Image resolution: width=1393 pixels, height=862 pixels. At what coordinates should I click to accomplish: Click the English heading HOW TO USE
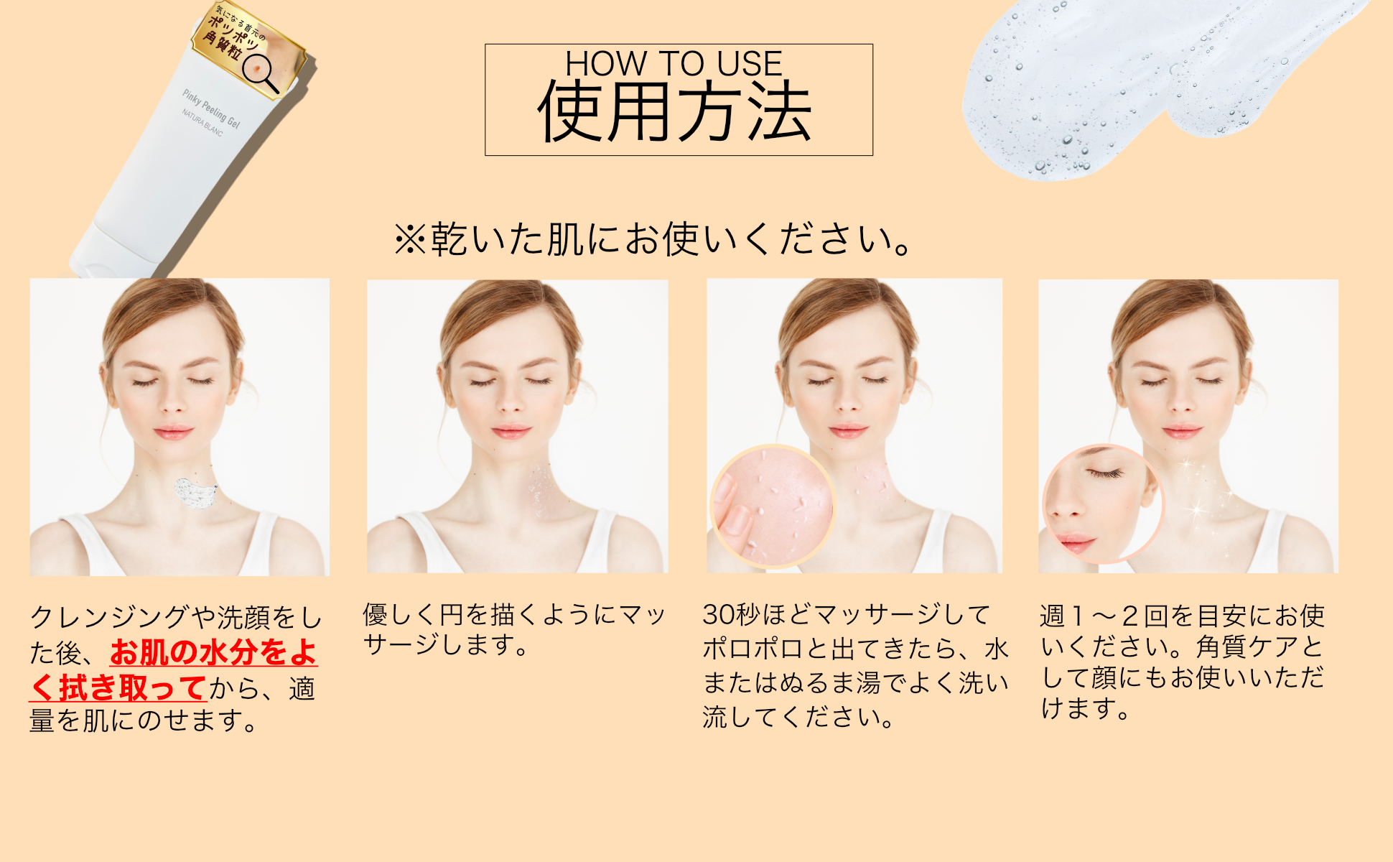click(674, 63)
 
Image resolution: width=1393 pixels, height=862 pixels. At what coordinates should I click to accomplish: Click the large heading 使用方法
click(675, 111)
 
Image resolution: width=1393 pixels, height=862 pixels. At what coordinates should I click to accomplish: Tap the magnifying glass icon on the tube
click(260, 73)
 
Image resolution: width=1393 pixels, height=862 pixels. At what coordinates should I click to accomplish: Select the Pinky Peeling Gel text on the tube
click(211, 109)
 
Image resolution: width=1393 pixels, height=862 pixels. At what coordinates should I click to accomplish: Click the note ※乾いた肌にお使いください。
click(653, 239)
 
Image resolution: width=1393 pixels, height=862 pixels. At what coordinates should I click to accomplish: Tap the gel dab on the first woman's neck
click(196, 493)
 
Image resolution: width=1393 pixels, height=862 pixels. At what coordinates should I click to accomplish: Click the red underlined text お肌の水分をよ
click(213, 652)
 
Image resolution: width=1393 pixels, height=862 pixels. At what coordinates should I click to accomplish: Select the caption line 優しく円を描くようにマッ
click(514, 614)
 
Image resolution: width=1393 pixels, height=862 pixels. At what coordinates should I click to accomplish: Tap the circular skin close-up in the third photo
click(773, 506)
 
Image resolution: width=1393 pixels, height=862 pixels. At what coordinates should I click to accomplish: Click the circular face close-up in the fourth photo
click(1102, 504)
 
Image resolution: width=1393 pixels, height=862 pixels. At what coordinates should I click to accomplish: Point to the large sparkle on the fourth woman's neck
click(1197, 509)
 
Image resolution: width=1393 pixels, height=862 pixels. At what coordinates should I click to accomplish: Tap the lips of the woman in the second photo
click(511, 432)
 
